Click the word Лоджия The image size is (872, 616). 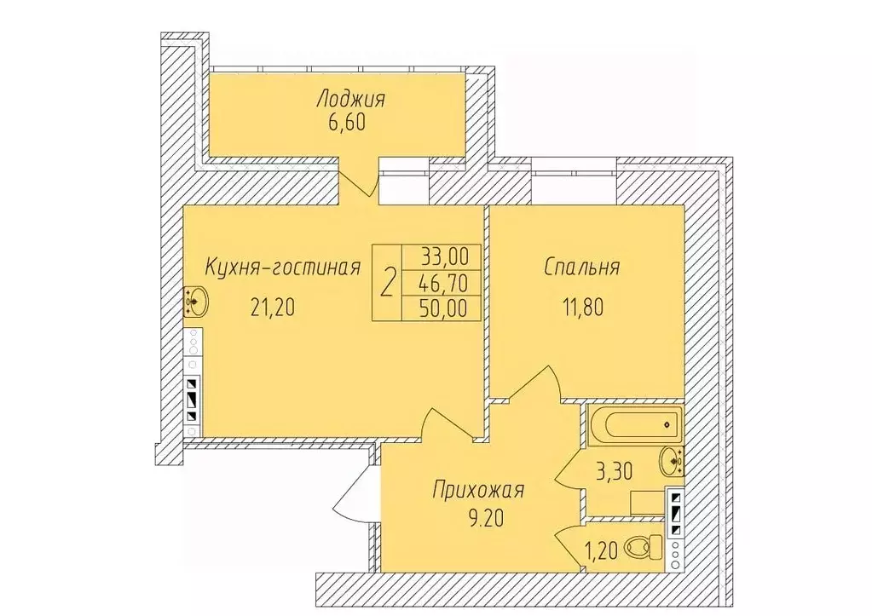tap(350, 100)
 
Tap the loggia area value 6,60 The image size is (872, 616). tap(346, 122)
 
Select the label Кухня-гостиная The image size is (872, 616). tap(283, 268)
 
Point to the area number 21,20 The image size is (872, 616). tap(273, 307)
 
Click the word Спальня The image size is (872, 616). tap(581, 268)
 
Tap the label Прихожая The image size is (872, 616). tap(479, 491)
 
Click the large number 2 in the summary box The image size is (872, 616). tap(387, 282)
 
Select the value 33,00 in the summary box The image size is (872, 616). tap(444, 256)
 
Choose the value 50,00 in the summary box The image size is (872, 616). tap(444, 308)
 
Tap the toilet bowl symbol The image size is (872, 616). tap(645, 548)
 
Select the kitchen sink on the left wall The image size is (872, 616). tap(194, 302)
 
